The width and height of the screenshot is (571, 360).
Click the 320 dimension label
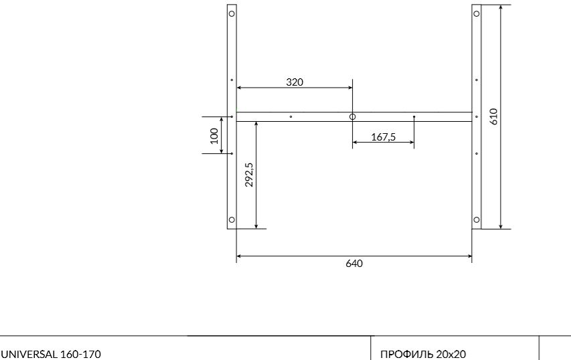(x=295, y=82)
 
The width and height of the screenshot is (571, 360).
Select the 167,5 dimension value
(x=384, y=137)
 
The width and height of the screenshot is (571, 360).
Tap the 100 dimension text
(x=214, y=135)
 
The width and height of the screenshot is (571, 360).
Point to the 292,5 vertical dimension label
(x=249, y=175)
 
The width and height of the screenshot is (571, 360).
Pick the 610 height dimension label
(x=494, y=116)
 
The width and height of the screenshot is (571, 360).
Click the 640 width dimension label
(x=354, y=264)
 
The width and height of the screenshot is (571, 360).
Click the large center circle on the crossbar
(x=353, y=117)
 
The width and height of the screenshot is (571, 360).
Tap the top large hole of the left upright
(x=232, y=13)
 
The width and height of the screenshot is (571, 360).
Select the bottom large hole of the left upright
(x=232, y=219)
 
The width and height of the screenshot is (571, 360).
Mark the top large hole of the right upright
(x=477, y=13)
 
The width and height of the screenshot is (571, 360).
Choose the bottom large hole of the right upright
(x=477, y=219)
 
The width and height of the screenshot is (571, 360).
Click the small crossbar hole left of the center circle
(x=291, y=117)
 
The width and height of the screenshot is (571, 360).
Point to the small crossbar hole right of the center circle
(x=414, y=117)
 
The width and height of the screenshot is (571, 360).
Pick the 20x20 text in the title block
(x=452, y=354)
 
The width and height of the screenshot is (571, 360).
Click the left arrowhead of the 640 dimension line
(x=240, y=255)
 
